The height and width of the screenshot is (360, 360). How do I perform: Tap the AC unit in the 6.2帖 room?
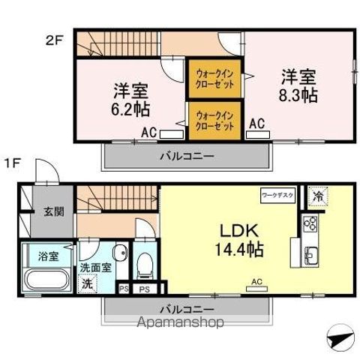172,135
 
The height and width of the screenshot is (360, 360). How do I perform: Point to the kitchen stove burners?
310,223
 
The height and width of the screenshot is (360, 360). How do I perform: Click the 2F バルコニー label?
186,157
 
